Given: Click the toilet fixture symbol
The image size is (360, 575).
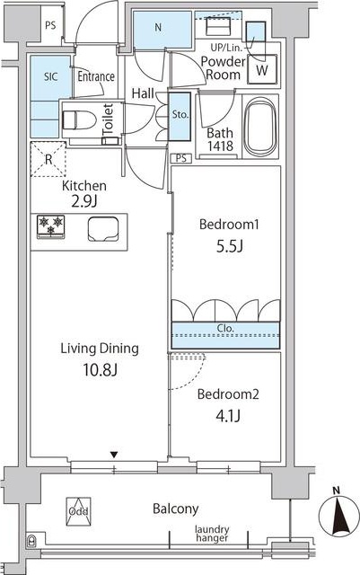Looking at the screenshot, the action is point(79,119).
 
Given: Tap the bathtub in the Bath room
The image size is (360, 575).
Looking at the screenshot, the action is point(260,127).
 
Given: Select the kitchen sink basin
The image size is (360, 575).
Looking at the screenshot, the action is point(103,229).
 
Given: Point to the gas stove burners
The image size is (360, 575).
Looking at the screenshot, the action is point(51,227).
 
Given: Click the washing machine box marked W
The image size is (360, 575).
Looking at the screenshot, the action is point(262,69).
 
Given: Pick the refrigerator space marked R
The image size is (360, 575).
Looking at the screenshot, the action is point(48,160).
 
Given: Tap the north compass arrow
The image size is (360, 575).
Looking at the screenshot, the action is point(338,512).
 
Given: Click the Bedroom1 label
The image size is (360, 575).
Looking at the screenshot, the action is point(229,224).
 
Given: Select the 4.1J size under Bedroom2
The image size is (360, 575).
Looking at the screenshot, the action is point(228,416).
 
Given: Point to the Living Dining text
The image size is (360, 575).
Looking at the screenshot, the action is point(100,349).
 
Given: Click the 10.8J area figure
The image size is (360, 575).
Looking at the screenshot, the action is point(100,370).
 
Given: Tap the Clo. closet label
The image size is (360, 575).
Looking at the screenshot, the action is point(225,328).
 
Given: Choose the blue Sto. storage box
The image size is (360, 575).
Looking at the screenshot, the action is point(180,116).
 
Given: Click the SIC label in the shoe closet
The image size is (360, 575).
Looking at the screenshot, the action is point(51,77).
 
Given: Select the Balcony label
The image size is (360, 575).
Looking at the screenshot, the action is point(176,509).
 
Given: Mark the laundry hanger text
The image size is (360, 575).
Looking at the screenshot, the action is point(212,534).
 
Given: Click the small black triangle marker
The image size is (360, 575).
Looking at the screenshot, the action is point(114,456).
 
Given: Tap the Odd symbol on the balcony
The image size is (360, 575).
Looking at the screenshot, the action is point(78,511).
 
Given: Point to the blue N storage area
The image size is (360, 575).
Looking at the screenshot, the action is point(162,30).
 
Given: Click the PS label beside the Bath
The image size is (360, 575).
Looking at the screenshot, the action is point(181,158).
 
